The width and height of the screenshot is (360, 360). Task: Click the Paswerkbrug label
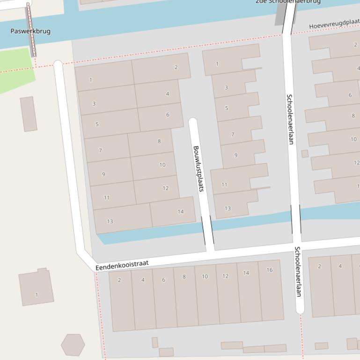pyautogui.click(x=30, y=31)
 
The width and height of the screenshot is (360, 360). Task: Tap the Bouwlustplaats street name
pyautogui.click(x=198, y=169)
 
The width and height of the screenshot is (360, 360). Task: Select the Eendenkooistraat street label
pyautogui.click(x=122, y=265)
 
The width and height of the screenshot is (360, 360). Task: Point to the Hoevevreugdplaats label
pyautogui.click(x=334, y=24)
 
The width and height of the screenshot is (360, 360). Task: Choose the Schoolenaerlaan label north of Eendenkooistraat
pyautogui.click(x=290, y=119)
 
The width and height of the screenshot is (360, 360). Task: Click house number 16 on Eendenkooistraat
pyautogui.click(x=270, y=270)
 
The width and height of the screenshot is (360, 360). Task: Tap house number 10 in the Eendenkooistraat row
pyautogui.click(x=205, y=276)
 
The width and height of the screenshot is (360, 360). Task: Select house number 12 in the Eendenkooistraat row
pyautogui.click(x=225, y=276)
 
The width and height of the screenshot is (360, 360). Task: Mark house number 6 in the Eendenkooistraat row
pyautogui.click(x=164, y=280)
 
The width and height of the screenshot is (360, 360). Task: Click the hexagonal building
pyautogui.click(x=73, y=345)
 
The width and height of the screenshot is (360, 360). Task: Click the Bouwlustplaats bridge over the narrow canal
pyautogui.click(x=207, y=230)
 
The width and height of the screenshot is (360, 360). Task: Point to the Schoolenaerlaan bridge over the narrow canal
pyautogui.click(x=296, y=219)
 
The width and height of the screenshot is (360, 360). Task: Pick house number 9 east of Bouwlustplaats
pyautogui.click(x=236, y=155)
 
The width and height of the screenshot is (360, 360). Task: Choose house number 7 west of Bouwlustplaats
pyautogui.click(x=100, y=151)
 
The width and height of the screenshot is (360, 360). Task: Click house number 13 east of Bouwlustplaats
pyautogui.click(x=228, y=209)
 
